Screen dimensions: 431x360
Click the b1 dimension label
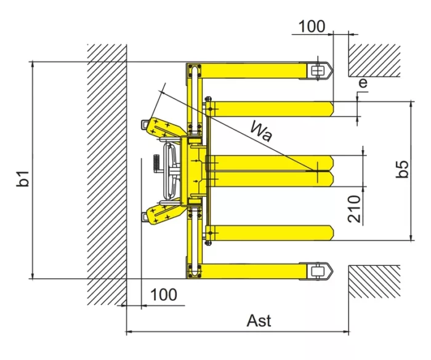point(23,178)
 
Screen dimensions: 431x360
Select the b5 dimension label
point(402,169)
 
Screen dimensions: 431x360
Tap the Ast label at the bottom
point(259,321)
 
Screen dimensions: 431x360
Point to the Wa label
point(261,131)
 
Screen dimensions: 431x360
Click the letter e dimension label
point(363,82)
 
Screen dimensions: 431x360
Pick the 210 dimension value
point(354,209)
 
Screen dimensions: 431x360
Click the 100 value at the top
point(312,26)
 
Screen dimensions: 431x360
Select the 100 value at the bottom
point(164,295)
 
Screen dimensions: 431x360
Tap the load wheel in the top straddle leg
point(317,71)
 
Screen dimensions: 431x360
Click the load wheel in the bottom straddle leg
point(317,271)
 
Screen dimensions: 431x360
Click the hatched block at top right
point(374,60)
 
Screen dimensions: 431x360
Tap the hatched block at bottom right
point(374,282)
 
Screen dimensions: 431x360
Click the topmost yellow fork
point(270,109)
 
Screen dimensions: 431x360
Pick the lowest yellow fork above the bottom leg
point(270,233)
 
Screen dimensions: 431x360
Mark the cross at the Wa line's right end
point(318,171)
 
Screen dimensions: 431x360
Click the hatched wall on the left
point(107,175)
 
